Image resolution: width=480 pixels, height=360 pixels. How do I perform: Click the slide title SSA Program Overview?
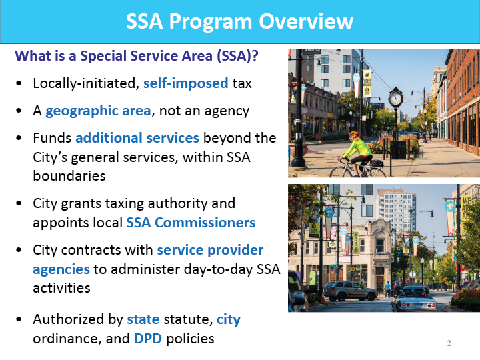pyautogui.click(x=240, y=21)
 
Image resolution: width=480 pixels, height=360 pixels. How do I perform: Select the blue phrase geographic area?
pyautogui.click(x=98, y=111)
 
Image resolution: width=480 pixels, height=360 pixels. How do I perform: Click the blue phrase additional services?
pyautogui.click(x=137, y=138)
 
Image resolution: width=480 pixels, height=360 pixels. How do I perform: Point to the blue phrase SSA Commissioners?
pyautogui.click(x=191, y=222)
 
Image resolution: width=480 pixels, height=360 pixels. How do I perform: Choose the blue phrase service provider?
pyautogui.click(x=210, y=250)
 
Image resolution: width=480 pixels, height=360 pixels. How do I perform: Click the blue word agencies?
pyautogui.click(x=61, y=269)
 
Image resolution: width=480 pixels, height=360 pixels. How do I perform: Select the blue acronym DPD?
pyautogui.click(x=148, y=339)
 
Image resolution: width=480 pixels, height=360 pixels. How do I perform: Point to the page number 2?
pyautogui.click(x=449, y=343)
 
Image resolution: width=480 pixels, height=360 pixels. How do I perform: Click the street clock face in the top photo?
pyautogui.click(x=395, y=99)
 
